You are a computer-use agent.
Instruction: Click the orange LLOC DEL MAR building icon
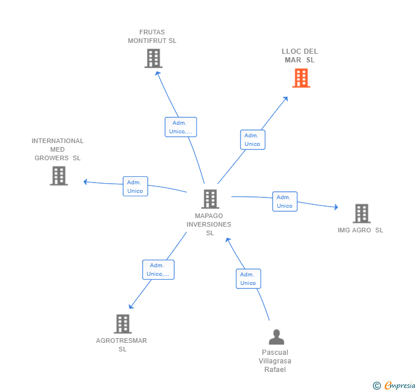[x=301, y=78]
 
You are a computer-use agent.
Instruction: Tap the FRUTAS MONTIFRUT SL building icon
[x=153, y=58]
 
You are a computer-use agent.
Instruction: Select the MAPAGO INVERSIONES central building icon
[x=210, y=199]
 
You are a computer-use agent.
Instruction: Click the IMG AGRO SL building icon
[x=361, y=213]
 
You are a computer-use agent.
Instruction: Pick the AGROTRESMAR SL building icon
[x=123, y=324]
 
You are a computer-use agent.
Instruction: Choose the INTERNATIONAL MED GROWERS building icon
[x=58, y=176]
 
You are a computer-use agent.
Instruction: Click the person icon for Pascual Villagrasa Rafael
[x=276, y=337]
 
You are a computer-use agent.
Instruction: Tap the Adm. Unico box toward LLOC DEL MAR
[x=253, y=140]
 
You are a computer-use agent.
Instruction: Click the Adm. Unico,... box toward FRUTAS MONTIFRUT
[x=180, y=127]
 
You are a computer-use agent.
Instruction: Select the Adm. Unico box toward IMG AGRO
[x=285, y=201]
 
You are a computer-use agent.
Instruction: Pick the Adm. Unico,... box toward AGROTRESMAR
[x=158, y=270]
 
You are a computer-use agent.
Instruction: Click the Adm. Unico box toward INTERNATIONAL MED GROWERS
[x=135, y=187]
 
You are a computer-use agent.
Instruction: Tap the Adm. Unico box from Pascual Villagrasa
[x=248, y=279]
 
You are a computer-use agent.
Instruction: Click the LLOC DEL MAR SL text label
[x=300, y=56]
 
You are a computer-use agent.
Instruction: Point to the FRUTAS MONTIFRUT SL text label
[x=152, y=37]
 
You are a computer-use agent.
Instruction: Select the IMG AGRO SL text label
[x=360, y=230]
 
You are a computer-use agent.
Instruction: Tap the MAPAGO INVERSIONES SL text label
[x=209, y=224]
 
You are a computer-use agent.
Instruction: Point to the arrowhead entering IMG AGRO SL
[x=336, y=207]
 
